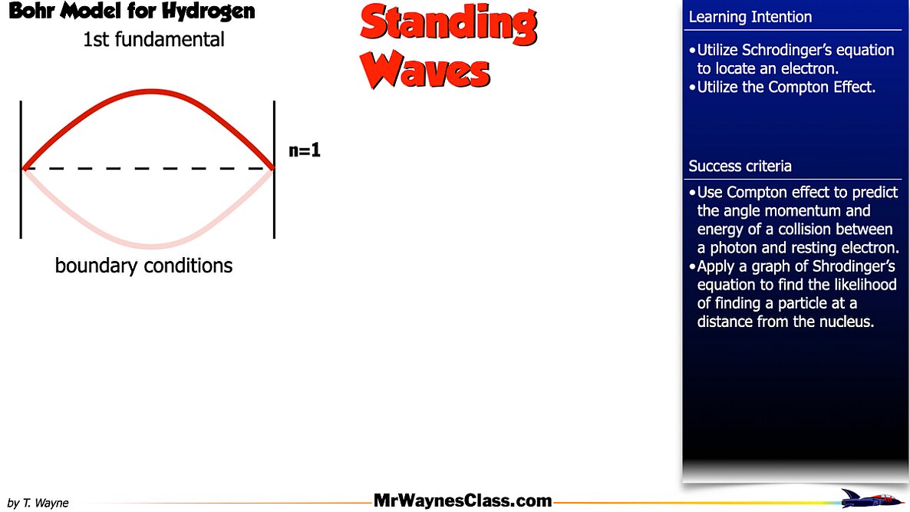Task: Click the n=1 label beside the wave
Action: pyautogui.click(x=305, y=150)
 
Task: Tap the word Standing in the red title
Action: pyautogui.click(x=449, y=25)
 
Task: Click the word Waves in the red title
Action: pyautogui.click(x=425, y=70)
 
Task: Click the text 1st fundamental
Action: pyautogui.click(x=153, y=39)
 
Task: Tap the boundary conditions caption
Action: pyautogui.click(x=144, y=266)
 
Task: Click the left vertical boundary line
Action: pyautogui.click(x=21, y=170)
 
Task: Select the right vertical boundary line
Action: pyautogui.click(x=274, y=170)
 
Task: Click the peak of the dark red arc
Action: pyautogui.click(x=151, y=91)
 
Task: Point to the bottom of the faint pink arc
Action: pyautogui.click(x=151, y=246)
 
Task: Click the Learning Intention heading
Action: pyautogui.click(x=750, y=17)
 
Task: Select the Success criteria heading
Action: pyautogui.click(x=740, y=166)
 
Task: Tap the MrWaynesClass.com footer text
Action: pyautogui.click(x=463, y=500)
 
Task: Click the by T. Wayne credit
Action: pyautogui.click(x=38, y=503)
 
